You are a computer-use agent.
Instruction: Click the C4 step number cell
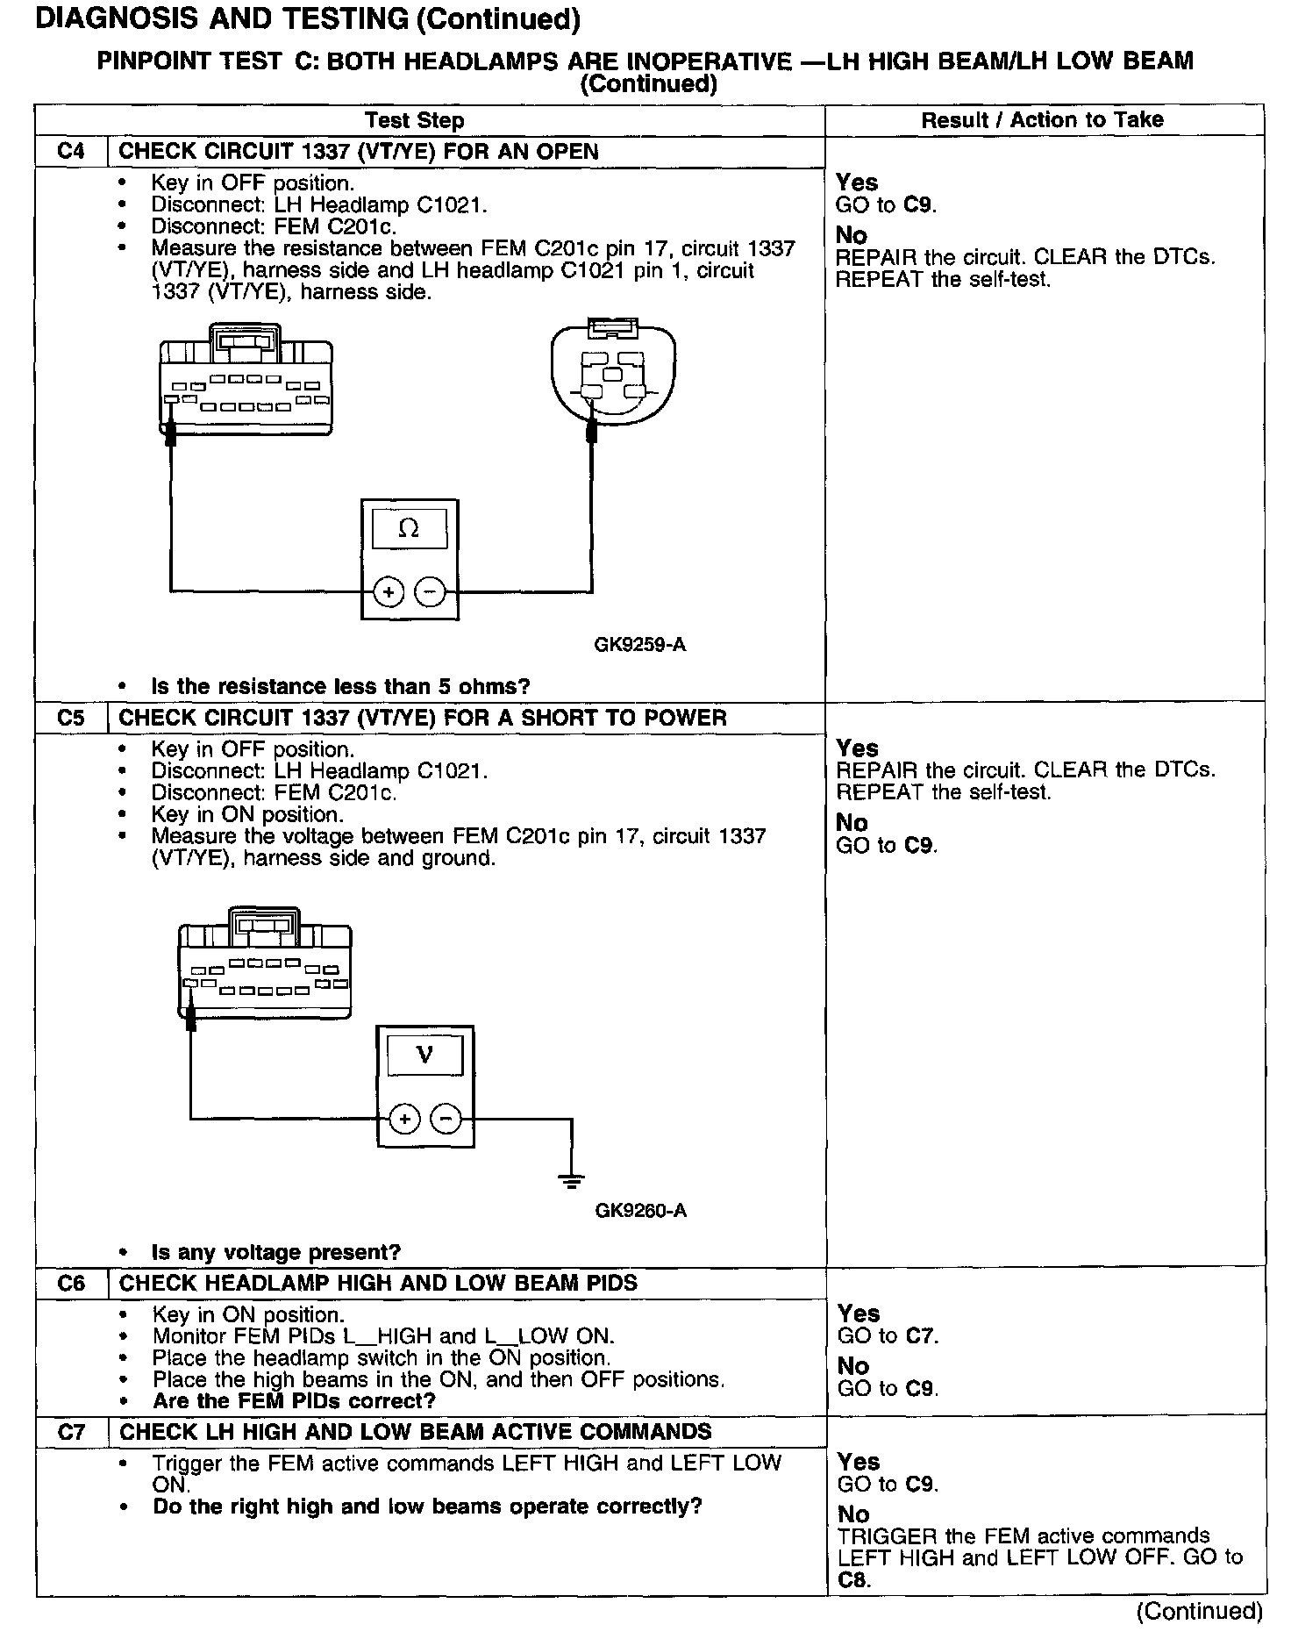[70, 152]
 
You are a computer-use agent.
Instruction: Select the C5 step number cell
[70, 718]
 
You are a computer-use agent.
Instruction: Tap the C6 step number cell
[70, 1283]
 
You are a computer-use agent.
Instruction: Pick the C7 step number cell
[70, 1432]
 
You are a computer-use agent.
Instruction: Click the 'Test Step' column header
[414, 120]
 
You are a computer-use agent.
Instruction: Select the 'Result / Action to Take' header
[1042, 120]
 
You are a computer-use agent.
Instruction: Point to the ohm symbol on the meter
[409, 528]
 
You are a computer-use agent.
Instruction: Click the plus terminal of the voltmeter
[404, 1119]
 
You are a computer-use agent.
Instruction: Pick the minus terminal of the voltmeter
[446, 1119]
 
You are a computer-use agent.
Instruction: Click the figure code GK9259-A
[640, 646]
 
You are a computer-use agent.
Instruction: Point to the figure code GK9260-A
[640, 1212]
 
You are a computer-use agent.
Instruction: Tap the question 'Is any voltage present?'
[275, 1252]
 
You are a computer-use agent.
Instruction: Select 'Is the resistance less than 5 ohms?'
[340, 686]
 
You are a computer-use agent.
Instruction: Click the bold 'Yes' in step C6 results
[859, 1313]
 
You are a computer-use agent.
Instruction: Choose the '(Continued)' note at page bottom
[1199, 1611]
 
